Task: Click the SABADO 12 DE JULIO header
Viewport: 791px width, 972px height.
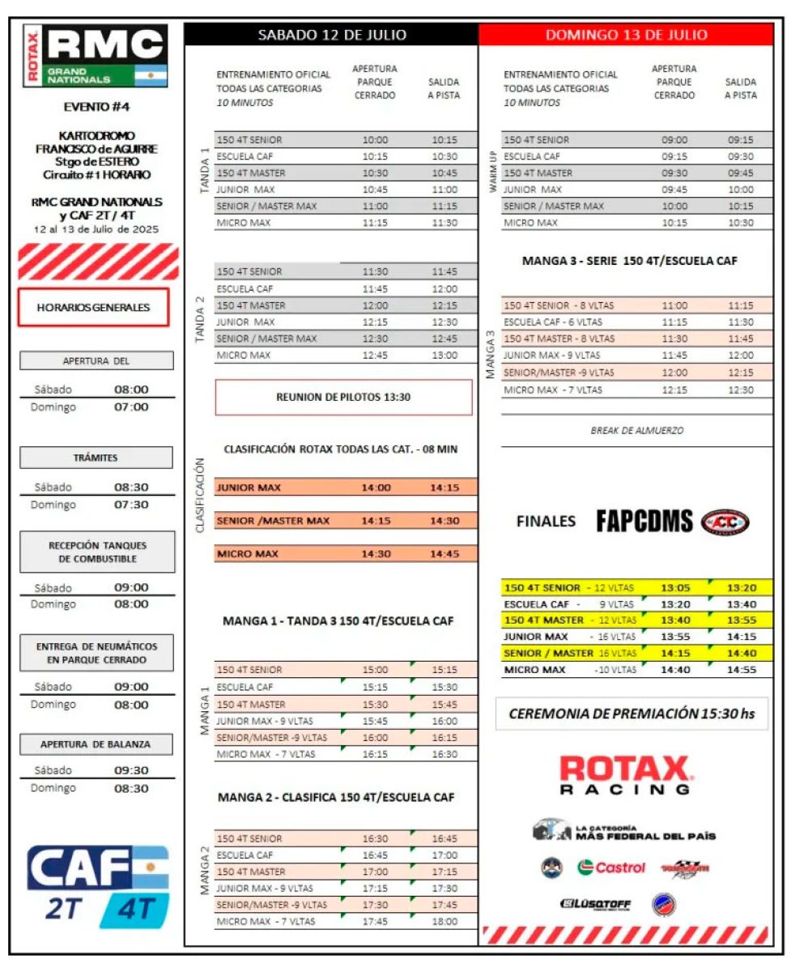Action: point(331,35)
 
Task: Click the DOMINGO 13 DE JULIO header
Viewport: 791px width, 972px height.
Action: point(626,35)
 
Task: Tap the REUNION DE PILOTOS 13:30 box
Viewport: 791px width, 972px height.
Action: point(343,397)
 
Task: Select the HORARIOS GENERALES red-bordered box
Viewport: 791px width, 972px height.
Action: point(93,308)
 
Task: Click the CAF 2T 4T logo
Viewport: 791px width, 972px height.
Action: point(98,886)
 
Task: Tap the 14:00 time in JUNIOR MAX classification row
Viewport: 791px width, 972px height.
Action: point(376,488)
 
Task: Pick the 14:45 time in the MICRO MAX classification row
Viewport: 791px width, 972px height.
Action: point(445,553)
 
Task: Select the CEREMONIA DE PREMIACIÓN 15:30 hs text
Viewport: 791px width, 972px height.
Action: point(632,714)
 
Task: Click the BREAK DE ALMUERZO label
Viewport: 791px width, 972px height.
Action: point(636,431)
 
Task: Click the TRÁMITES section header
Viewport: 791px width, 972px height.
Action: point(96,458)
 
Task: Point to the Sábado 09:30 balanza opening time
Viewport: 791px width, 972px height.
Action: point(131,770)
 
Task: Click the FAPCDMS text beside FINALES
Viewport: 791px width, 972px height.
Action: point(644,522)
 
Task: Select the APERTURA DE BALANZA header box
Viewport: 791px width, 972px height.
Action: point(96,744)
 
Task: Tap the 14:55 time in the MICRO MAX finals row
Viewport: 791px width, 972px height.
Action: point(741,670)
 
